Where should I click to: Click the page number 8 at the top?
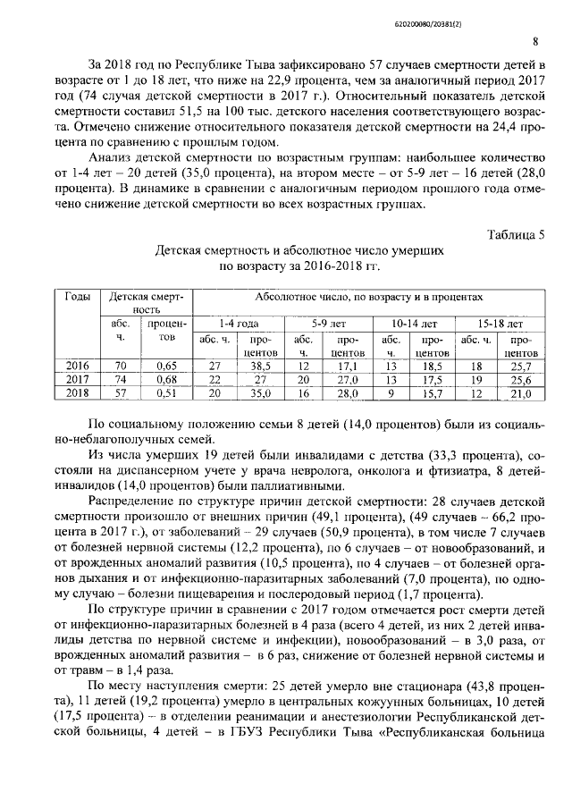(x=534, y=41)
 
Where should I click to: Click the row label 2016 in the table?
(x=77, y=365)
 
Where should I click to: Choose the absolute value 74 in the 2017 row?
(x=122, y=378)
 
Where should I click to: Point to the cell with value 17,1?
(x=347, y=365)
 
